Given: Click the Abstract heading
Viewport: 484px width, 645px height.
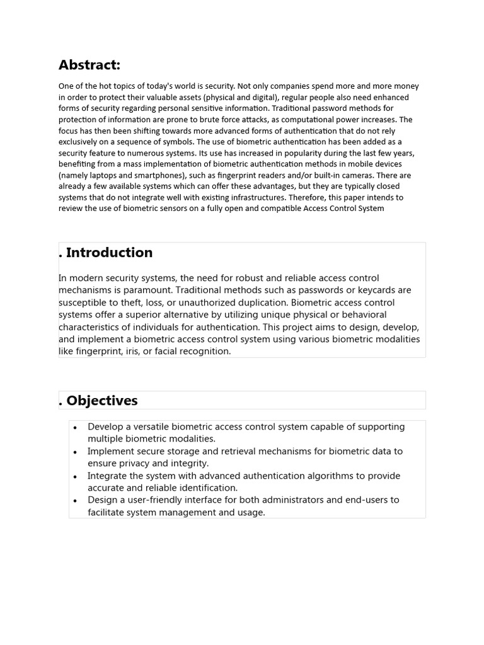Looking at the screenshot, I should pyautogui.click(x=89, y=65).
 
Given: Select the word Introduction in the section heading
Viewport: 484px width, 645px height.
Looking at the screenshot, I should pyautogui.click(x=109, y=253).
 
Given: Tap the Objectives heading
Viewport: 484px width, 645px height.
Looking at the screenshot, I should pyautogui.click(x=101, y=401).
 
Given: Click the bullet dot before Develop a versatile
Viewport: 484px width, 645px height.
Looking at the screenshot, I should pyautogui.click(x=76, y=427).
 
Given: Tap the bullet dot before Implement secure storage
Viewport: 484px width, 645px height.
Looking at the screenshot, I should pyautogui.click(x=76, y=452).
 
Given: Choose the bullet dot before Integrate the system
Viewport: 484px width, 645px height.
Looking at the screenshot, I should pyautogui.click(x=76, y=476).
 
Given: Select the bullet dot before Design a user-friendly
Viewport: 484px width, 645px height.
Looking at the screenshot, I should pyautogui.click(x=76, y=501).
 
